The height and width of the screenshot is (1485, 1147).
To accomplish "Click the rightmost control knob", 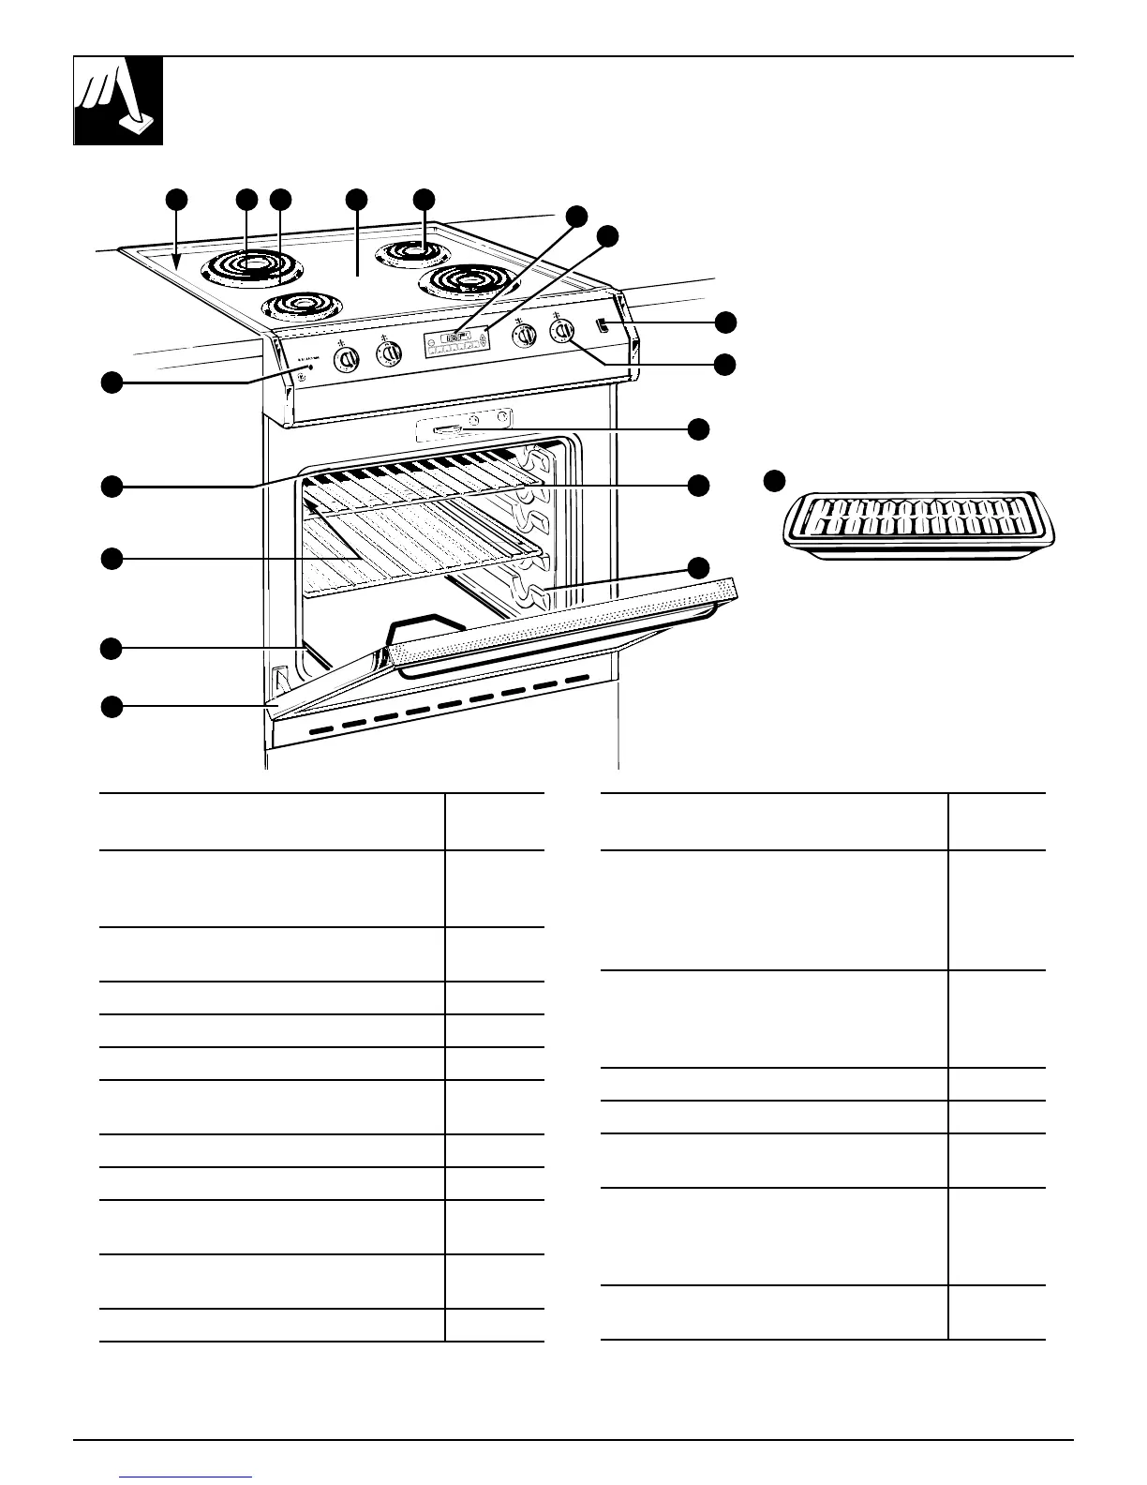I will pyautogui.click(x=561, y=330).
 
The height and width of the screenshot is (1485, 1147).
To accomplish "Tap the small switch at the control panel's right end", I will pyautogui.click(x=601, y=327).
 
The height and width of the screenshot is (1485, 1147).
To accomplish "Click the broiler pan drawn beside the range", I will pyautogui.click(x=918, y=524).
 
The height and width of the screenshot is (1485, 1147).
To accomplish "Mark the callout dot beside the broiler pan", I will pyautogui.click(x=773, y=481).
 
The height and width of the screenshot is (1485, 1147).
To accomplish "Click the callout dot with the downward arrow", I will pyautogui.click(x=176, y=199).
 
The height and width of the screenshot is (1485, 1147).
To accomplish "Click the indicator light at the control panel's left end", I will pyautogui.click(x=310, y=368).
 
